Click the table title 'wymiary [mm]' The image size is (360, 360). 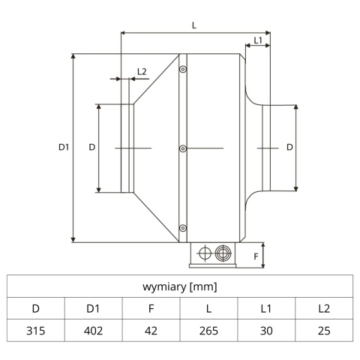pos(180,286)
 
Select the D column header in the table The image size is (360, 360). pos(36,308)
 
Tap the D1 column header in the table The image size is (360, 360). pos(94,308)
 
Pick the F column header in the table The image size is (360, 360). pos(151,308)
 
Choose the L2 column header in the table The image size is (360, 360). pos(324,308)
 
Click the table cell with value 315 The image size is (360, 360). pos(36,330)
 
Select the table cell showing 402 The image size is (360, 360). pos(94,330)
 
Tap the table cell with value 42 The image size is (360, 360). pos(151,330)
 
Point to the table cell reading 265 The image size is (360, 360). pos(208,330)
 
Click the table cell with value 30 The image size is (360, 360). pos(266,330)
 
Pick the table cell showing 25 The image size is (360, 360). pos(324,330)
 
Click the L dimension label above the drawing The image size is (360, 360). pos(194,25)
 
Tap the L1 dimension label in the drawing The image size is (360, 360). pos(257,40)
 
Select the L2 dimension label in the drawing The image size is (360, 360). pos(142,72)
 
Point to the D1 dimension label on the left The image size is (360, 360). pos(64,148)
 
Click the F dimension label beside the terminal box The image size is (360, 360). pos(255,256)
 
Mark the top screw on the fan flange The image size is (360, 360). pos(183,69)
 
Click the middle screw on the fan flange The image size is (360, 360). pos(183,148)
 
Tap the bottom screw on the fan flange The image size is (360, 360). pos(183,227)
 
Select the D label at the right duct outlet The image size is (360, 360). pos(289,148)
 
